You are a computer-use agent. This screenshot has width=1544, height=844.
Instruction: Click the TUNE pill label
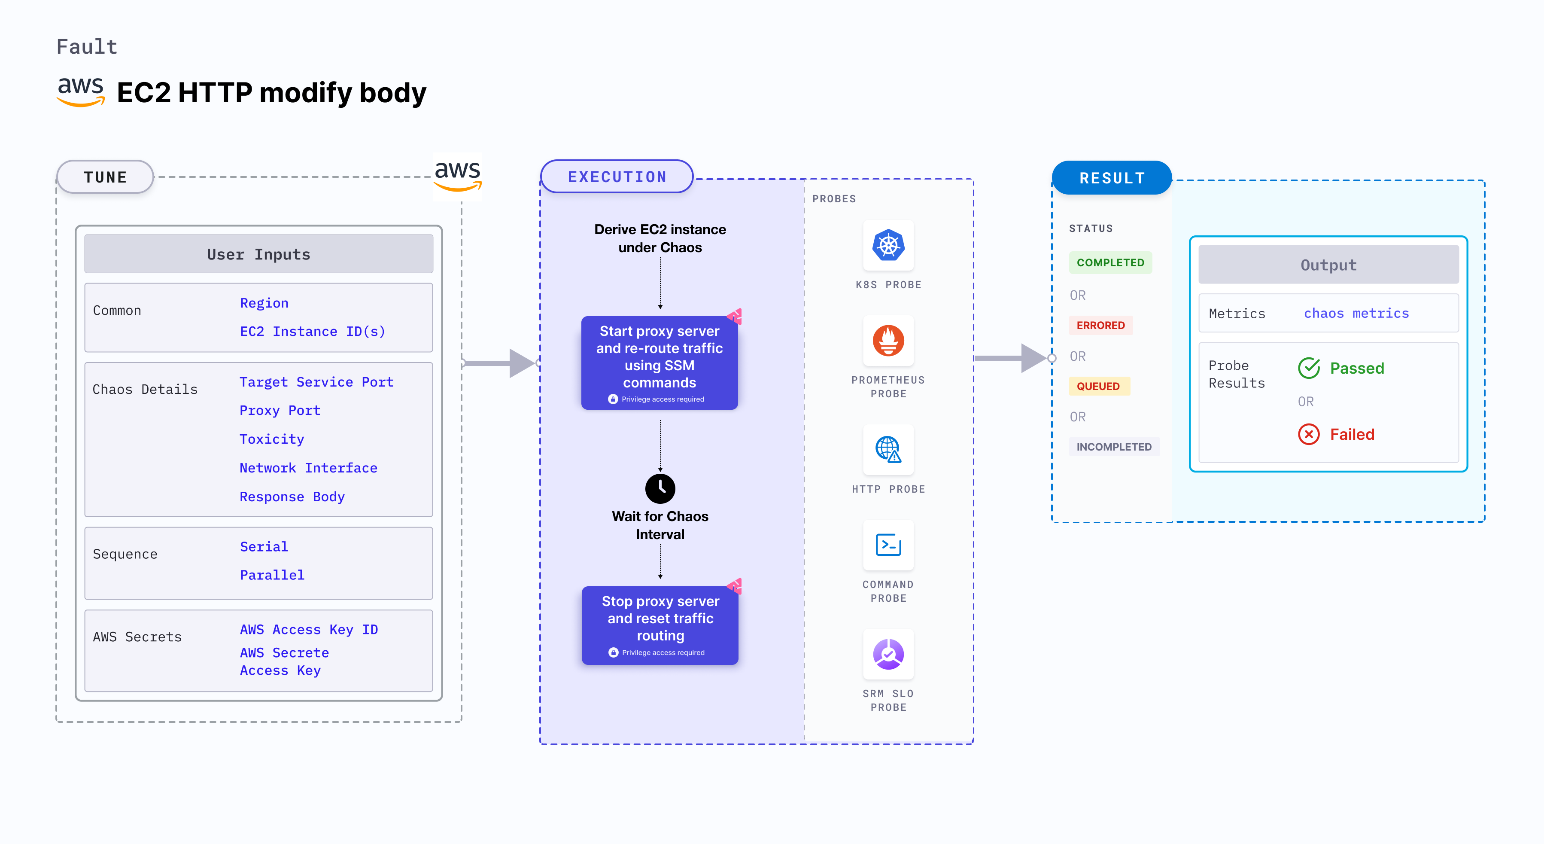coord(106,177)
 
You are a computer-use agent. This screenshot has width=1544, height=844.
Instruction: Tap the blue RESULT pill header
coord(1112,178)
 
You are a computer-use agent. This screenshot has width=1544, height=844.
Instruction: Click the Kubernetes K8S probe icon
coord(888,245)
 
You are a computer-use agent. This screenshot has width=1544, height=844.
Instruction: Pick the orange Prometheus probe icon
coord(888,341)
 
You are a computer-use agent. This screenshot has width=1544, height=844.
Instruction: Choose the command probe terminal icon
coord(888,545)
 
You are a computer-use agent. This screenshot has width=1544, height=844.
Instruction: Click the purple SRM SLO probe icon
coord(888,654)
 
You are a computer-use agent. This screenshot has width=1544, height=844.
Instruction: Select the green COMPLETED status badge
coord(1110,262)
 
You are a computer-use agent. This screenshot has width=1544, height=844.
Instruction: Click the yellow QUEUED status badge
coord(1098,386)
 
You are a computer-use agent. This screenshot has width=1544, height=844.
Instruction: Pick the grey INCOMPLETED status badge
coord(1114,447)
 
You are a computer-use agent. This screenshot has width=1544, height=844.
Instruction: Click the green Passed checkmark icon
coord(1309,368)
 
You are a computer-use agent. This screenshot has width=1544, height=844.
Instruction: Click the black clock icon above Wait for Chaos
coord(660,488)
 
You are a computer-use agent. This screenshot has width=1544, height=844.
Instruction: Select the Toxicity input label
coord(271,439)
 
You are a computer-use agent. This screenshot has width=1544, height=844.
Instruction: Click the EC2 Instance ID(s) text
coord(312,332)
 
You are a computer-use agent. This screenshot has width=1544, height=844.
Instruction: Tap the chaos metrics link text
coord(1356,314)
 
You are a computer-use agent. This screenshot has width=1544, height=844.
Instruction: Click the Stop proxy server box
coord(660,625)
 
